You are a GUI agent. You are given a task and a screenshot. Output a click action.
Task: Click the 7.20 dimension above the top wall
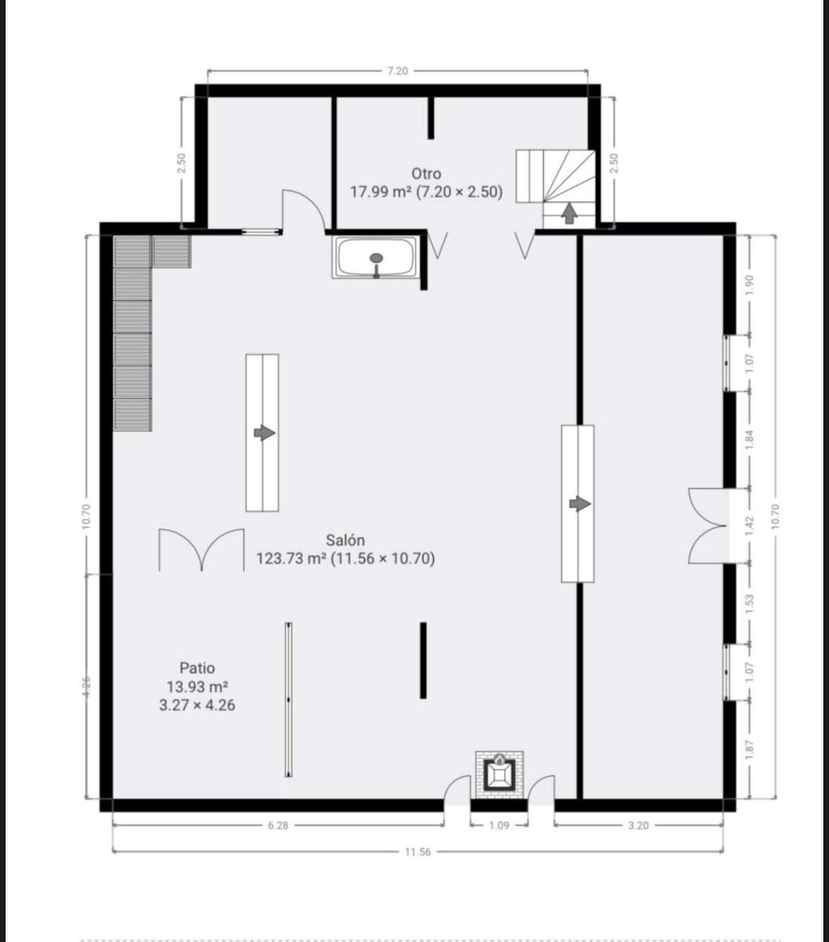point(397,71)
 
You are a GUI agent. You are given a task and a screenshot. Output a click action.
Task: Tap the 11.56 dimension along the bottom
point(418,852)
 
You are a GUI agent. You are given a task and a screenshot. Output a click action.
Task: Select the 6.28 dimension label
point(278,825)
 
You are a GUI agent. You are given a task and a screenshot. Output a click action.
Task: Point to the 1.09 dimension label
point(499,825)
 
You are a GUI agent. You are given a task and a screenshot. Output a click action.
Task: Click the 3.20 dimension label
point(638,825)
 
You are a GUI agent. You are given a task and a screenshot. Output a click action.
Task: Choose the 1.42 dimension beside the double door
point(750,525)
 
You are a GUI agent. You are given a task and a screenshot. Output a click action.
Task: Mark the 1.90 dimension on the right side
point(750,284)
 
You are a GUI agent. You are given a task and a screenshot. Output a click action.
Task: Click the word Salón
point(345,539)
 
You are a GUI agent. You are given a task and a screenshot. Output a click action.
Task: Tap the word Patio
point(198,668)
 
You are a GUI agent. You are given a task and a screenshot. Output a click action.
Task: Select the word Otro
point(426,174)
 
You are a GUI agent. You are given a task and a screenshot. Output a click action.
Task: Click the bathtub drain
point(377,258)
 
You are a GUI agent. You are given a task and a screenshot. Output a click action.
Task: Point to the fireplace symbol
point(499,774)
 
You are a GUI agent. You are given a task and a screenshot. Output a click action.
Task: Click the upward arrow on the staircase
point(569,214)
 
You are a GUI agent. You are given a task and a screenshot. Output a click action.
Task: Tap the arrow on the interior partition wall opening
point(580,504)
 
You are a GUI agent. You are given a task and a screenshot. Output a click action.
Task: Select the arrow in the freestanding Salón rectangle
point(264,433)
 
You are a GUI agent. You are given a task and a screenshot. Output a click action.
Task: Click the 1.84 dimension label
point(750,440)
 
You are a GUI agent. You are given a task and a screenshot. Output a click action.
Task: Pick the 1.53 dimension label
point(750,603)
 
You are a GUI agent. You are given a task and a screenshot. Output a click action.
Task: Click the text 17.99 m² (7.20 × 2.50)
point(426,192)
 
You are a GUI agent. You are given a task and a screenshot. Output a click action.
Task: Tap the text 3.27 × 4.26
point(198,705)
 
